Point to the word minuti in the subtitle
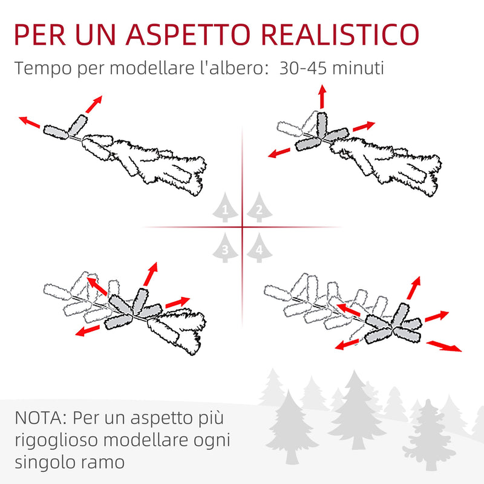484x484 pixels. [x=361, y=68]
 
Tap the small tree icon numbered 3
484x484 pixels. [x=225, y=247]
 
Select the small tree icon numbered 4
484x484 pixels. [x=258, y=247]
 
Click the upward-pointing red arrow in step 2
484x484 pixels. [x=322, y=97]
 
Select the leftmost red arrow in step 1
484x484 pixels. [x=29, y=122]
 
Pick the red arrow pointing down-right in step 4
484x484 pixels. [x=444, y=346]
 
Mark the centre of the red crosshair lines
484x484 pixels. [x=242, y=227]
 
